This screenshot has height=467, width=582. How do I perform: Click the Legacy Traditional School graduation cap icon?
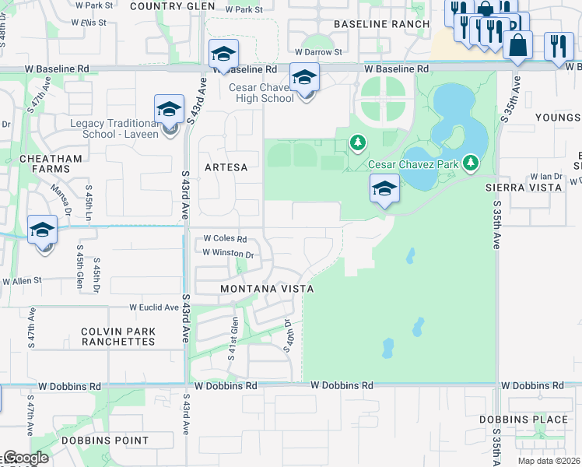tap(169, 110)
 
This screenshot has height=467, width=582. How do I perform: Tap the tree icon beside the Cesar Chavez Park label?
tap(470, 163)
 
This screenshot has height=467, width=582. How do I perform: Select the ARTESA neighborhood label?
tap(226, 167)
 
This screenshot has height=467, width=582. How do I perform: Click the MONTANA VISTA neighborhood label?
tap(267, 289)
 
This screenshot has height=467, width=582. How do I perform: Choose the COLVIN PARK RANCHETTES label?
tap(118, 337)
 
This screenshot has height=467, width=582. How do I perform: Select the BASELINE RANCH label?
tap(381, 24)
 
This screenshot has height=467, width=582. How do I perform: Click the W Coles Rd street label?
tap(225, 239)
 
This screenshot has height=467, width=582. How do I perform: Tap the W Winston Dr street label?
tap(228, 253)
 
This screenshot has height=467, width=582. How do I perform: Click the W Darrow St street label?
tap(317, 52)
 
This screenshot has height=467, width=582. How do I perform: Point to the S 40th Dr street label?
tap(288, 335)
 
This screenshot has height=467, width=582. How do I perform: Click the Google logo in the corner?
tap(26, 458)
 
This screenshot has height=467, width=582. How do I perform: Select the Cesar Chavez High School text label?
tap(261, 93)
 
